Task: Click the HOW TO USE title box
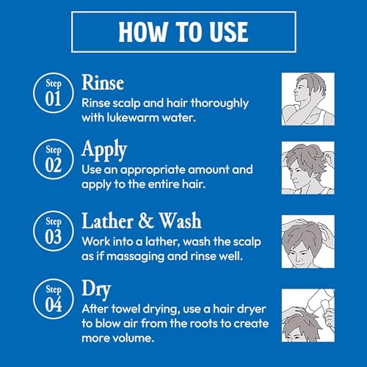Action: (x=183, y=32)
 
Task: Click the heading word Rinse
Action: (x=103, y=81)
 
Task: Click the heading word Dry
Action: (x=97, y=289)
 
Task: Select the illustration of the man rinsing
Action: (x=308, y=98)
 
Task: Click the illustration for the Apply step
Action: (x=308, y=167)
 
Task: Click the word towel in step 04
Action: (x=129, y=309)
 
